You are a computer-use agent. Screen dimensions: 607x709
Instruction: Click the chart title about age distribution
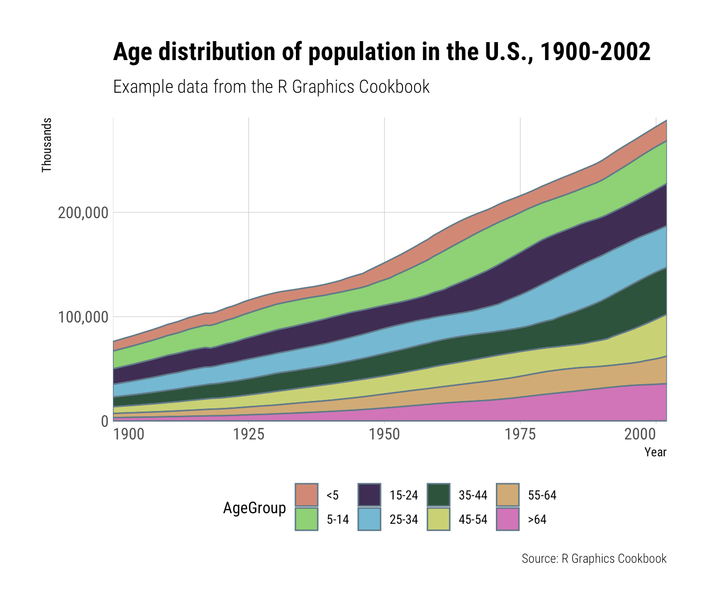[381, 52]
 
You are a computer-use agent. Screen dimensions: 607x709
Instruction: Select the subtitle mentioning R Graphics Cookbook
[271, 86]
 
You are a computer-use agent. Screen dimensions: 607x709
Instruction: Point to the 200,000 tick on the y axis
[82, 213]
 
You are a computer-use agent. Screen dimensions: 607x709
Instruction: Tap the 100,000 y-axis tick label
[82, 317]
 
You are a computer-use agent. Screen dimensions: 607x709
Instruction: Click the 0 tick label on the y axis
[104, 421]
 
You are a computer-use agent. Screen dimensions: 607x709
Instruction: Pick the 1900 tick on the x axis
[128, 435]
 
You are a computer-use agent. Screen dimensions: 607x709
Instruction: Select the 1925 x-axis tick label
[248, 435]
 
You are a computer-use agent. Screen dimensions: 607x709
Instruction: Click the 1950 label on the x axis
[385, 435]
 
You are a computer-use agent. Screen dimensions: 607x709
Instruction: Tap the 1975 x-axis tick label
[520, 435]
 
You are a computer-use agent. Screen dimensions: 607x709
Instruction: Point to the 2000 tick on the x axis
[656, 435]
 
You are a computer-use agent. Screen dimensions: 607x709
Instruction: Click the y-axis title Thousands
[47, 145]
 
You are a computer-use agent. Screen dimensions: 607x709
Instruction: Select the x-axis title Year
[655, 452]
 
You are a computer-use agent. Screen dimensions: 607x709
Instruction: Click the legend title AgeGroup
[254, 508]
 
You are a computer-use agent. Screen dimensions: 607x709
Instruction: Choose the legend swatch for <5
[306, 495]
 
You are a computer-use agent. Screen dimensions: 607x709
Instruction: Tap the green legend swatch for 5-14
[306, 519]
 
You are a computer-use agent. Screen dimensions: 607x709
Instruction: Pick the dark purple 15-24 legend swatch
[369, 495]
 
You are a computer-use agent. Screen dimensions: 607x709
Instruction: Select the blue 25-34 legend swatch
[369, 519]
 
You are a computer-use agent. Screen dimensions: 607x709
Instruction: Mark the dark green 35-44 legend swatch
[438, 495]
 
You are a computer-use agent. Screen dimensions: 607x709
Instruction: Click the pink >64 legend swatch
[508, 519]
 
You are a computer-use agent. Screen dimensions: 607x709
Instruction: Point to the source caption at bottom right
[594, 559]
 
